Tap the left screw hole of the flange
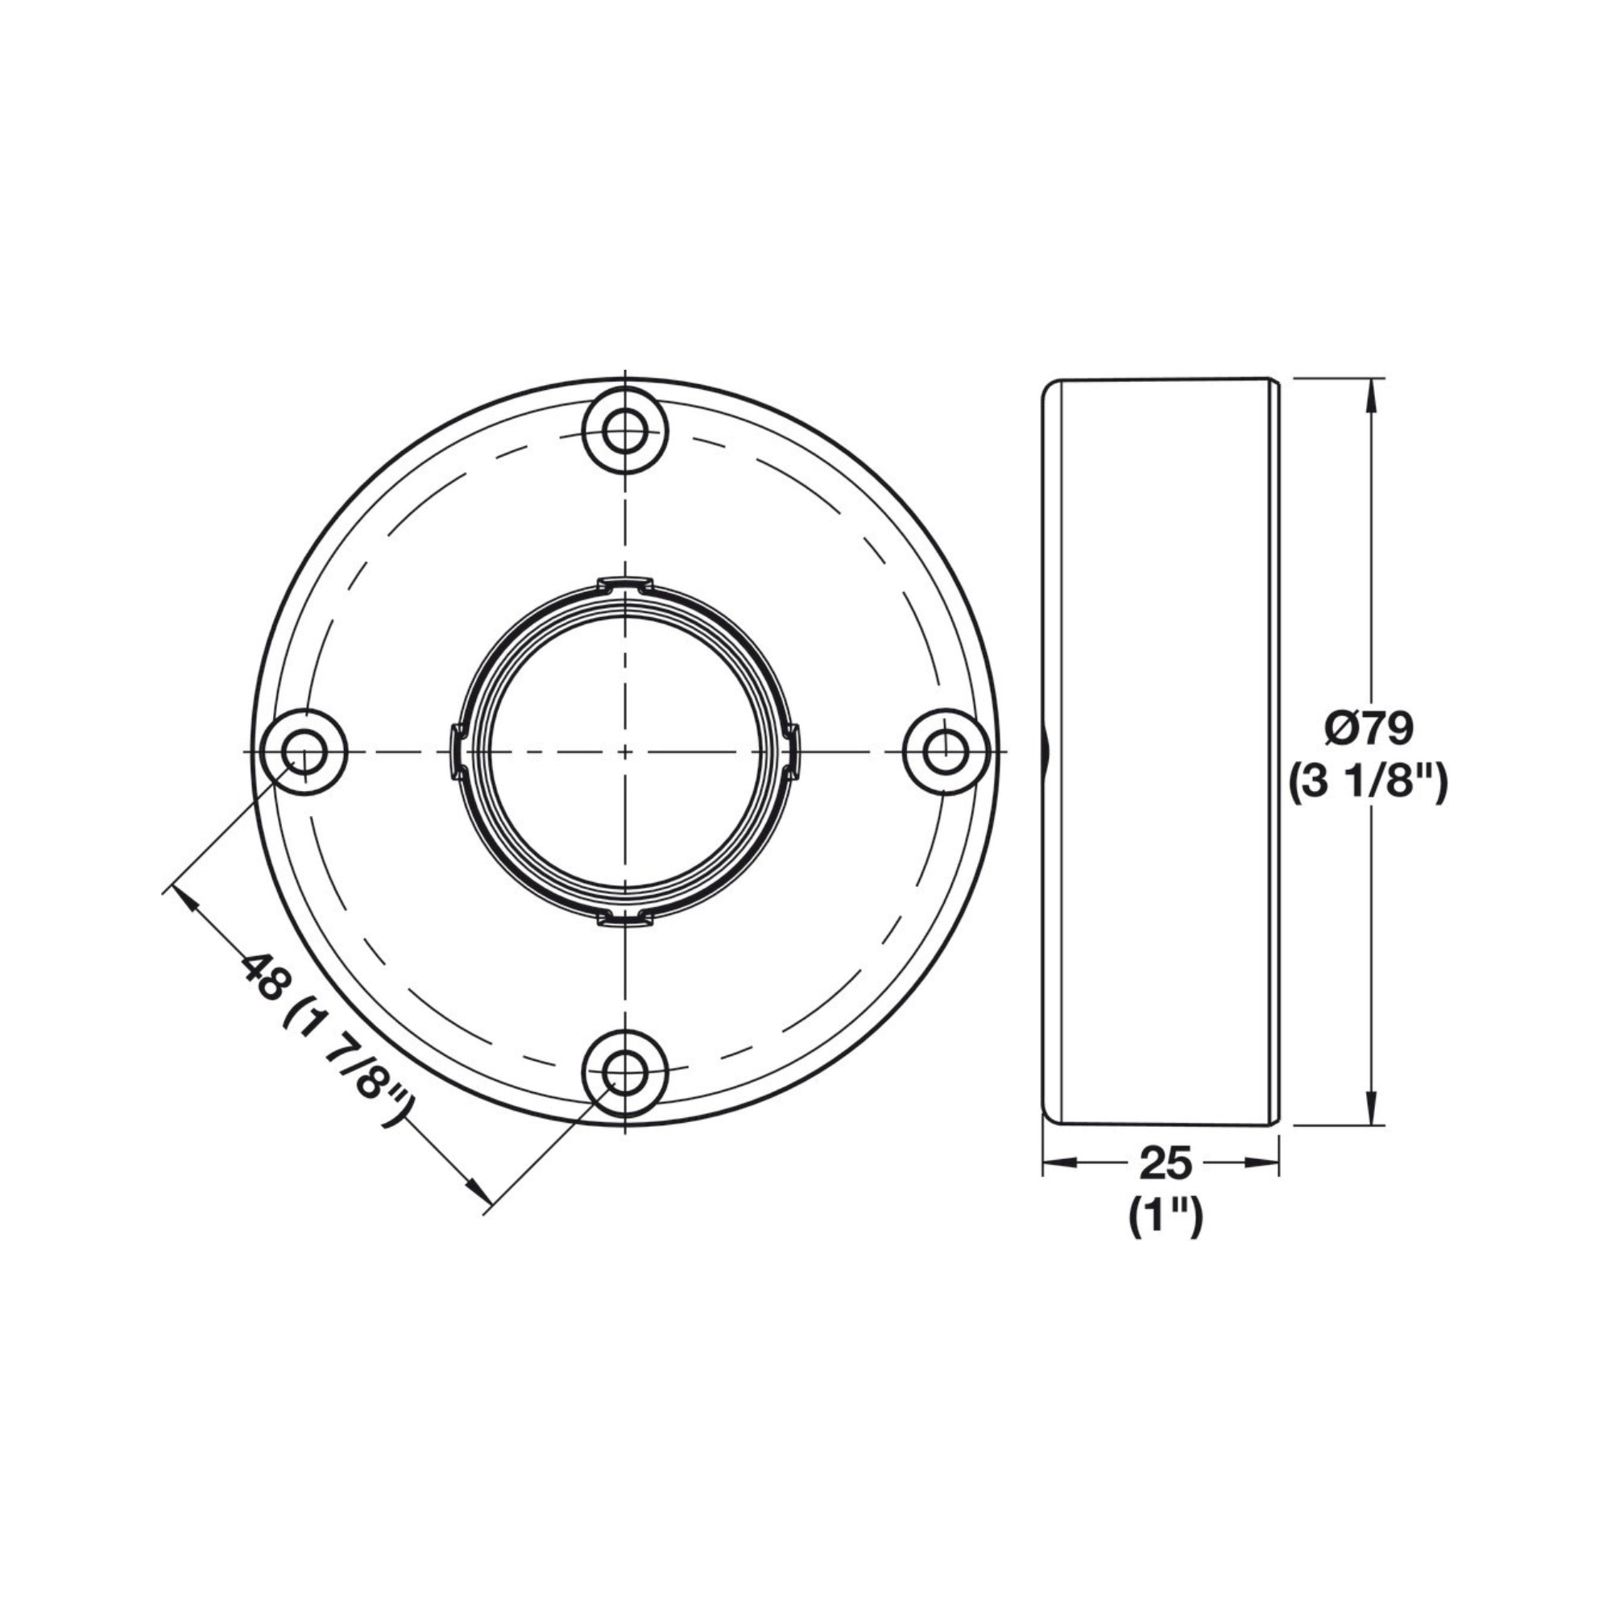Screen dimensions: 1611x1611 tap(304, 752)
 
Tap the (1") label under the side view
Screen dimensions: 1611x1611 tap(1166, 1218)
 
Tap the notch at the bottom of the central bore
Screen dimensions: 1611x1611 tap(625, 919)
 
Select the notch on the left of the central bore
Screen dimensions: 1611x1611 tap(457, 752)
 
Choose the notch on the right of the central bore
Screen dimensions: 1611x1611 tap(793, 752)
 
